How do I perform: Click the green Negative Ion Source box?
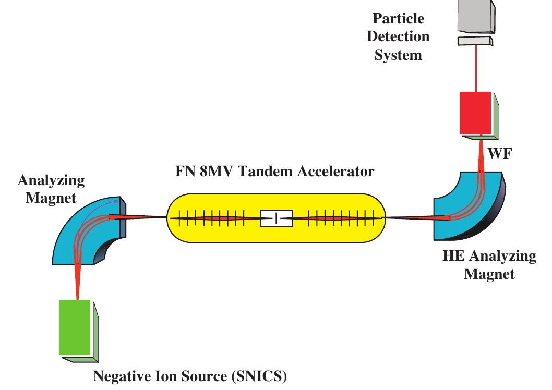pos(74,327)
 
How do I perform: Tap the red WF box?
pos(475,113)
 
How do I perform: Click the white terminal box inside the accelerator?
pos(276,218)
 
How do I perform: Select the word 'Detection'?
pos(399,36)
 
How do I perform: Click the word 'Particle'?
pos(399,19)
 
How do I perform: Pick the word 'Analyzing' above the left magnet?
pos(51,181)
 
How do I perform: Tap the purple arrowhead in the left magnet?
pos(117,201)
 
